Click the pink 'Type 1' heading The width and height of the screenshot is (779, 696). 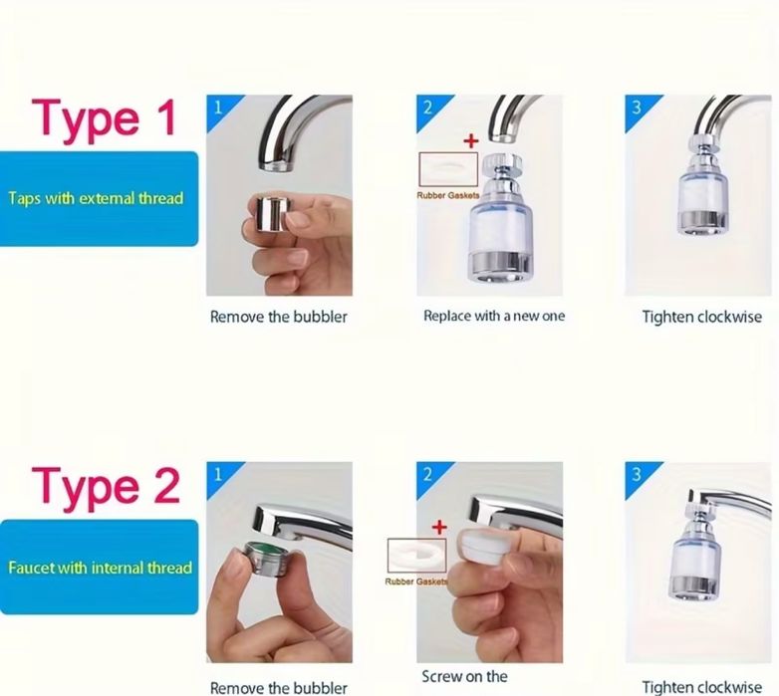[x=104, y=118]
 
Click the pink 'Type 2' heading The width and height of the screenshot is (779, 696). [x=106, y=488]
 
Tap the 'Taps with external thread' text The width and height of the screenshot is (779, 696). [x=96, y=198]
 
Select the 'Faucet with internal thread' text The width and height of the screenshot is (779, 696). [x=100, y=568]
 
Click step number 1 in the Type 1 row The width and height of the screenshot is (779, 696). [x=217, y=108]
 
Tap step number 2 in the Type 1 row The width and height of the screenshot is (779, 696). [x=427, y=108]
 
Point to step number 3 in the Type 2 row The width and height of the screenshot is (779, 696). [x=637, y=475]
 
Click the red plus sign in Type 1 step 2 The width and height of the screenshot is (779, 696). [x=471, y=141]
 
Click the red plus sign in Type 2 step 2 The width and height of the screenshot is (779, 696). [x=439, y=527]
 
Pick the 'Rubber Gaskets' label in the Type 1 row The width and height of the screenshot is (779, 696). [x=448, y=195]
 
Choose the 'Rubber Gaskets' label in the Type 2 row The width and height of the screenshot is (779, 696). [x=416, y=581]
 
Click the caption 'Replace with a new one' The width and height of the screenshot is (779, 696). [x=494, y=316]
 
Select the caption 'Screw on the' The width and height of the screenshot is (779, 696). [x=464, y=677]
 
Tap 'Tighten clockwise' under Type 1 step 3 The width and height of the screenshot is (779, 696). [x=701, y=317]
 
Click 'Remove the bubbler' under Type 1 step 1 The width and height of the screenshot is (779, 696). [x=278, y=317]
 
